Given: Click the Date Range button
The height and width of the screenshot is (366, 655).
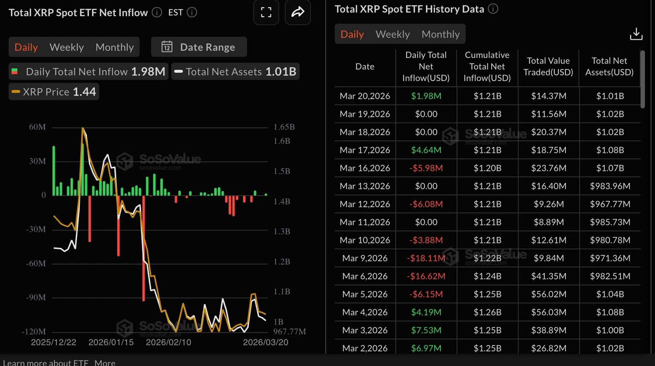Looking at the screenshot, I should tap(199, 47).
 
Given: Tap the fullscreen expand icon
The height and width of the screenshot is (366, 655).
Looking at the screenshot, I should tap(266, 12).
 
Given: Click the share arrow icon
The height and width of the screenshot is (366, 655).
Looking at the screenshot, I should tap(298, 12).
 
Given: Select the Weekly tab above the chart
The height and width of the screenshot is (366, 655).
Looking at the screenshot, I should tap(67, 47).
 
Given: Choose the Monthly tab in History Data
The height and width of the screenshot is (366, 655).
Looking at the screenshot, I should tap(441, 34).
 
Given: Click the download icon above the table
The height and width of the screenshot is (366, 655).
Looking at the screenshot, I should tap(636, 34).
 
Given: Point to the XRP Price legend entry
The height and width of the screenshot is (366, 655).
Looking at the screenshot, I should tap(54, 92).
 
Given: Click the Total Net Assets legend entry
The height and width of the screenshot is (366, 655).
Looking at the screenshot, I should tap(235, 72).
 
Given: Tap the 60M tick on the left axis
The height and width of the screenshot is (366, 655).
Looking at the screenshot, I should tap(38, 127).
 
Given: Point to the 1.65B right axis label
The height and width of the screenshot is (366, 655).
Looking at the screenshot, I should tap(284, 127).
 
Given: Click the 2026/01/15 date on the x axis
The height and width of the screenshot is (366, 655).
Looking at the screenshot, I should tap(111, 342).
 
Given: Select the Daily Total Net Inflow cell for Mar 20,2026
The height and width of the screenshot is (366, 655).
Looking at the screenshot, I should tap(426, 96).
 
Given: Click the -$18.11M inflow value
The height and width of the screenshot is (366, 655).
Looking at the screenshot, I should tap(426, 258).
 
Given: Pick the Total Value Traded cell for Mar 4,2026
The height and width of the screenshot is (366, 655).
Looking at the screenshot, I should tap(548, 312).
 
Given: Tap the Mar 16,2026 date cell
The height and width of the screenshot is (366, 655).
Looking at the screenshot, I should tap(365, 168).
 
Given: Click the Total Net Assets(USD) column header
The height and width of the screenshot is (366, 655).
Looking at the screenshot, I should tap(609, 66).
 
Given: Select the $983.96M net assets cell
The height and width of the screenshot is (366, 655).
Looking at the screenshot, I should tap(610, 186).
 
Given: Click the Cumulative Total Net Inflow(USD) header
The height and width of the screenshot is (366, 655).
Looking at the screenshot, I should tap(487, 66).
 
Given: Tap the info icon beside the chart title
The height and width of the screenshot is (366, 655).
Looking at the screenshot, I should tap(157, 12).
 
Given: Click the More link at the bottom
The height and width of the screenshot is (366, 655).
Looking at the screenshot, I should tap(105, 363).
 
